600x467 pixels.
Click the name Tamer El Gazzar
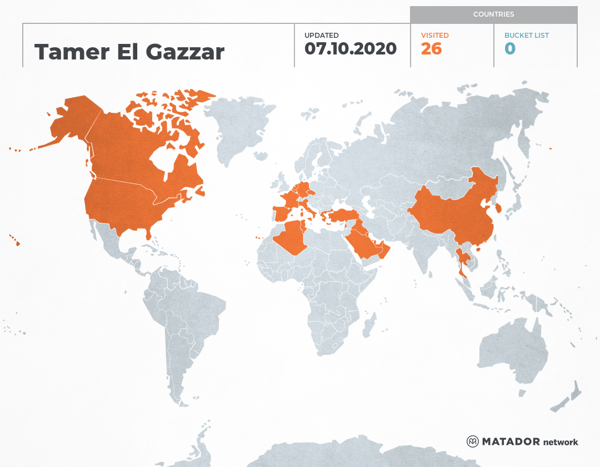point(129,52)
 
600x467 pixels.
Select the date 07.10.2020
point(351,49)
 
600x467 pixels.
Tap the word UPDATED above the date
point(321,36)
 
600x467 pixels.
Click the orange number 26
point(431,49)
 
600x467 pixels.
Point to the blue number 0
point(510,49)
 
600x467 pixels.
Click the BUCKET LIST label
point(526,36)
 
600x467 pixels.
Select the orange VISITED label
point(434,36)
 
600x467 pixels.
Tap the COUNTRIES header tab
point(493,14)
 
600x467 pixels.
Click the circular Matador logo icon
point(472,441)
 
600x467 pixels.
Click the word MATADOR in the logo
point(511,442)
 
